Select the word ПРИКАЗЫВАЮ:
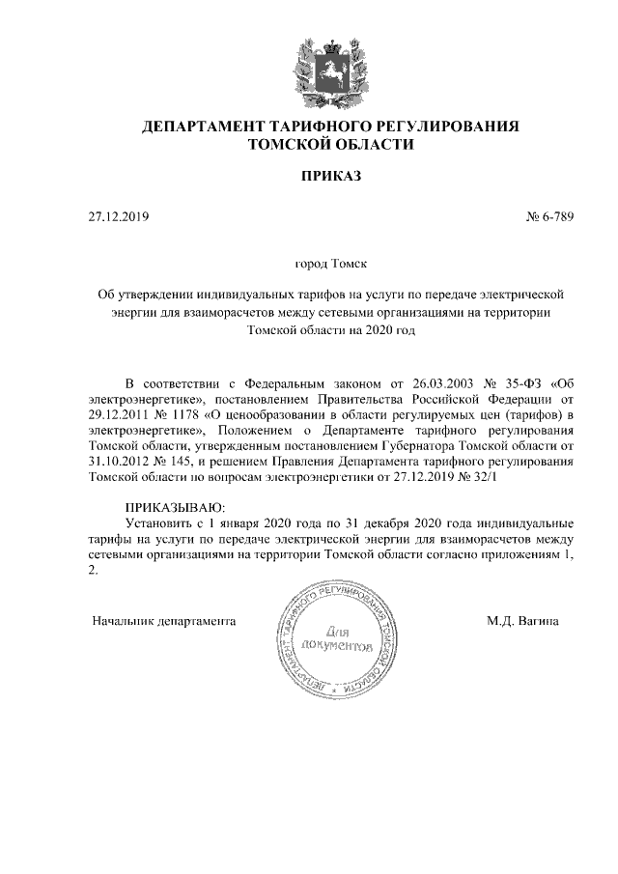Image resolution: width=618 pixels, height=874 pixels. tap(175, 506)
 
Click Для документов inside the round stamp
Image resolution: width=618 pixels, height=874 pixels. tap(335, 636)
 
